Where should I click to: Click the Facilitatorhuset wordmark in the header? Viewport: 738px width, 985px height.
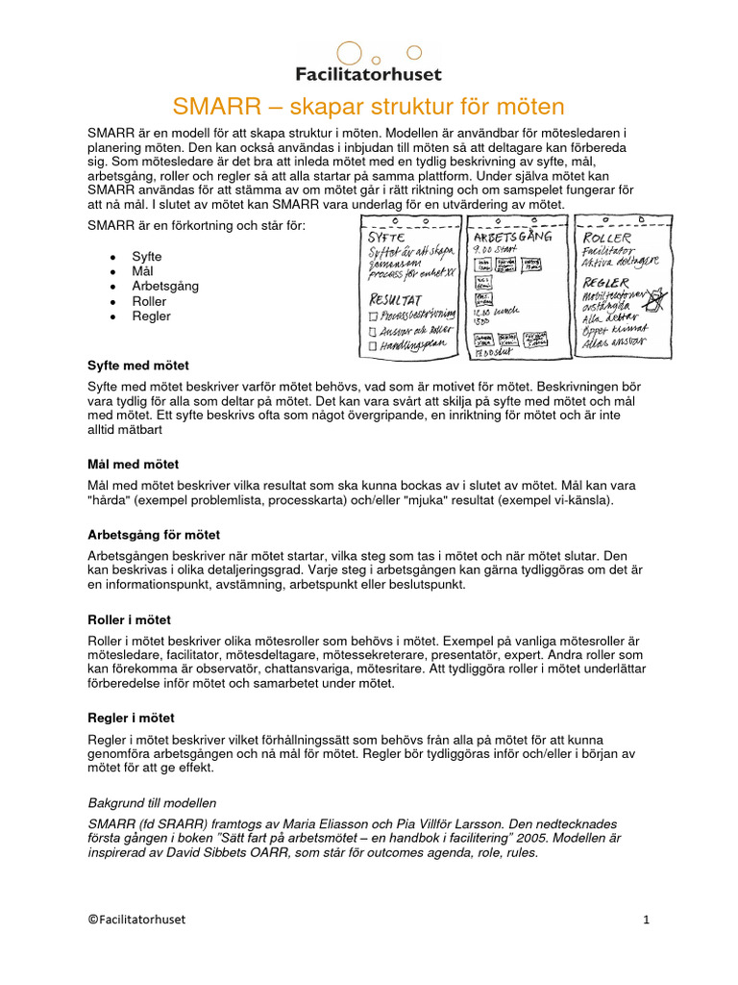369,73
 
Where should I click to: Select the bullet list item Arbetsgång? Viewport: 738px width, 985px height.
164,287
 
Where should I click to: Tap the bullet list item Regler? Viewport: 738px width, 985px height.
151,316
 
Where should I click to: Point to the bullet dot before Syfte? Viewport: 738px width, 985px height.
113,258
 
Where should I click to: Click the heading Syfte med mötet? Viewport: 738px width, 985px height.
138,366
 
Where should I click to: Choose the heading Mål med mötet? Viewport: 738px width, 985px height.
133,465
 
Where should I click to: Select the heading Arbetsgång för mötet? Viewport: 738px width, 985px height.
154,534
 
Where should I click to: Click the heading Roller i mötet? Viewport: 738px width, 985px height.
129,620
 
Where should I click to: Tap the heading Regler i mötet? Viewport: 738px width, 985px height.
131,719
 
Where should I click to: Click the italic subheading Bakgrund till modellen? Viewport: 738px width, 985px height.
152,802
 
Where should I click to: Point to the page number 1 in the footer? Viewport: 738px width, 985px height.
647,920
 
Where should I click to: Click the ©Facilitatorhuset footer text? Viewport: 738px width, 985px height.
136,920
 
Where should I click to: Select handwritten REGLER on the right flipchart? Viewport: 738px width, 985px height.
606,283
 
